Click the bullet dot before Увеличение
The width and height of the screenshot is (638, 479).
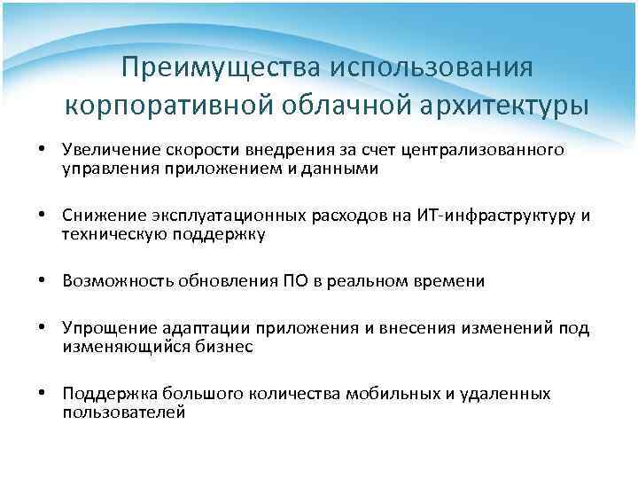(x=42, y=151)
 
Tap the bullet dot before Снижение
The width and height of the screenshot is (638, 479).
(x=42, y=216)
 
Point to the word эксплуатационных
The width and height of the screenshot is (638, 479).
(x=214, y=216)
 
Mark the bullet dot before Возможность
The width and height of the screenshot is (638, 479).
(x=42, y=282)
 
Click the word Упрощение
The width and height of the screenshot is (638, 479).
(x=105, y=329)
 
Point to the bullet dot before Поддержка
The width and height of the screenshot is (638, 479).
(x=42, y=394)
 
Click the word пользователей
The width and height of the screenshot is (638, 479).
(x=124, y=412)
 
